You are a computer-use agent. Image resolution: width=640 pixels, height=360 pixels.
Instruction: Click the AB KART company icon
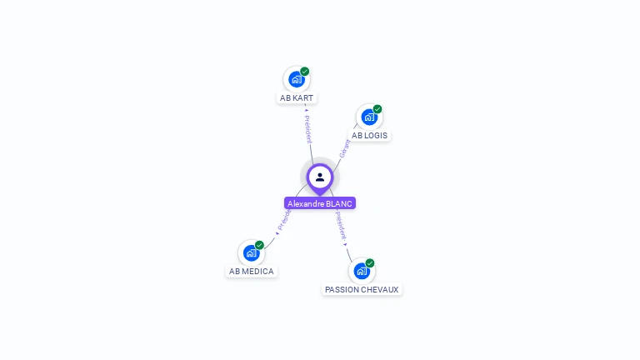(296, 80)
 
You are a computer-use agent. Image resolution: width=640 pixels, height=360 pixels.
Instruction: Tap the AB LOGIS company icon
(368, 117)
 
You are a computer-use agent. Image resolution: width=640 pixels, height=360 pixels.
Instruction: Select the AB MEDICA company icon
(251, 253)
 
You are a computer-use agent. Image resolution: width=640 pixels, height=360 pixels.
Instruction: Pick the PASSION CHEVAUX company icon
(362, 271)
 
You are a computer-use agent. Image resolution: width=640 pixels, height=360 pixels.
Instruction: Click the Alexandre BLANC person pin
(320, 177)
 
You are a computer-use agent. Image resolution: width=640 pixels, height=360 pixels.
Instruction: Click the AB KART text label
(297, 97)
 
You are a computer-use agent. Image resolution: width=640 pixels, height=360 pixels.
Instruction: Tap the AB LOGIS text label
(369, 135)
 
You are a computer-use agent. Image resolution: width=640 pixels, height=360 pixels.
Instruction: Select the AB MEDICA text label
(251, 271)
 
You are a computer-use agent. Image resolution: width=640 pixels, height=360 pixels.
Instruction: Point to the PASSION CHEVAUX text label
(362, 289)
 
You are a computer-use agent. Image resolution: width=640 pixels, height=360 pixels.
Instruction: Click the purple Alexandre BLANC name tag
(320, 203)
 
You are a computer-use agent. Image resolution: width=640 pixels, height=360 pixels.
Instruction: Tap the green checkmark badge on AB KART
(305, 72)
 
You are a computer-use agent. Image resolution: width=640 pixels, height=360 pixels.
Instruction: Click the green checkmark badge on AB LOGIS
(377, 109)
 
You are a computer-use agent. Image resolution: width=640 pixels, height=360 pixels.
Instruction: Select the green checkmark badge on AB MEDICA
(260, 245)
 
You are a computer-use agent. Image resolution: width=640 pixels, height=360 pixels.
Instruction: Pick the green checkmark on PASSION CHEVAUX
(370, 262)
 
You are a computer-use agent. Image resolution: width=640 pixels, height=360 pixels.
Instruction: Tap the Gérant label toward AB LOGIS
(344, 147)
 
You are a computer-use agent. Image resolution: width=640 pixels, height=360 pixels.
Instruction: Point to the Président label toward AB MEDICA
(283, 219)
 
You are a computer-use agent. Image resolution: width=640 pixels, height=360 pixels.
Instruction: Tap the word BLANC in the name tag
(340, 203)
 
